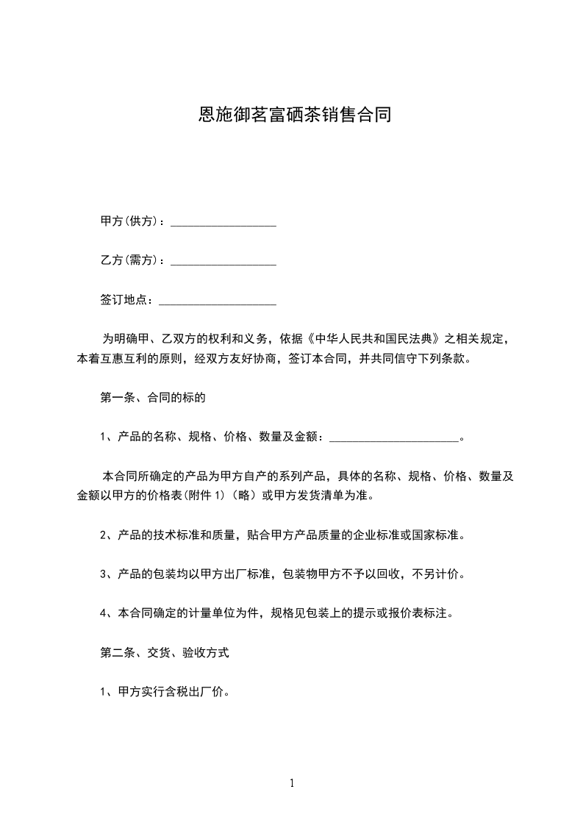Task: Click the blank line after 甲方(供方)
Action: coord(223,221)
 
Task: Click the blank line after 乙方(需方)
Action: coord(223,261)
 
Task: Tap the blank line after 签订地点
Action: coord(218,301)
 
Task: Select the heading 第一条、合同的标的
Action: coord(152,399)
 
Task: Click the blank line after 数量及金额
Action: coord(394,438)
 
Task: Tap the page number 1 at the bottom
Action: coord(292,783)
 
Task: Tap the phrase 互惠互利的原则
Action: coord(147,360)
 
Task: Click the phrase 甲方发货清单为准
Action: coord(323,496)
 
